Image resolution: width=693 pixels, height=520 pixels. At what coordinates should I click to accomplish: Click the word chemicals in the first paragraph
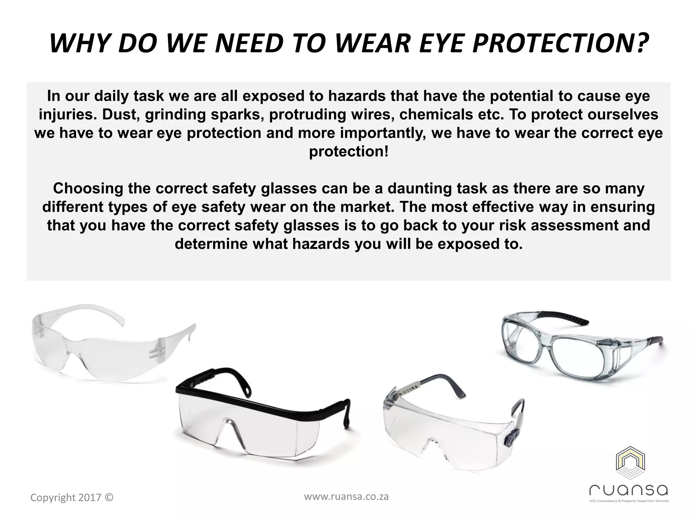point(435,114)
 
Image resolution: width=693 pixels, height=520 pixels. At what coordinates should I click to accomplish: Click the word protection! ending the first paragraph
point(349,151)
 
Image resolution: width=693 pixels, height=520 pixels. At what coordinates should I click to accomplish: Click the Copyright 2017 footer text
point(72,497)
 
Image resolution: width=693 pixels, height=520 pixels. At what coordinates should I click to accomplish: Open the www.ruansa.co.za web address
point(346,497)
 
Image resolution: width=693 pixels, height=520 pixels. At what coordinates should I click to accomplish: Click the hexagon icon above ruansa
point(630,463)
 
